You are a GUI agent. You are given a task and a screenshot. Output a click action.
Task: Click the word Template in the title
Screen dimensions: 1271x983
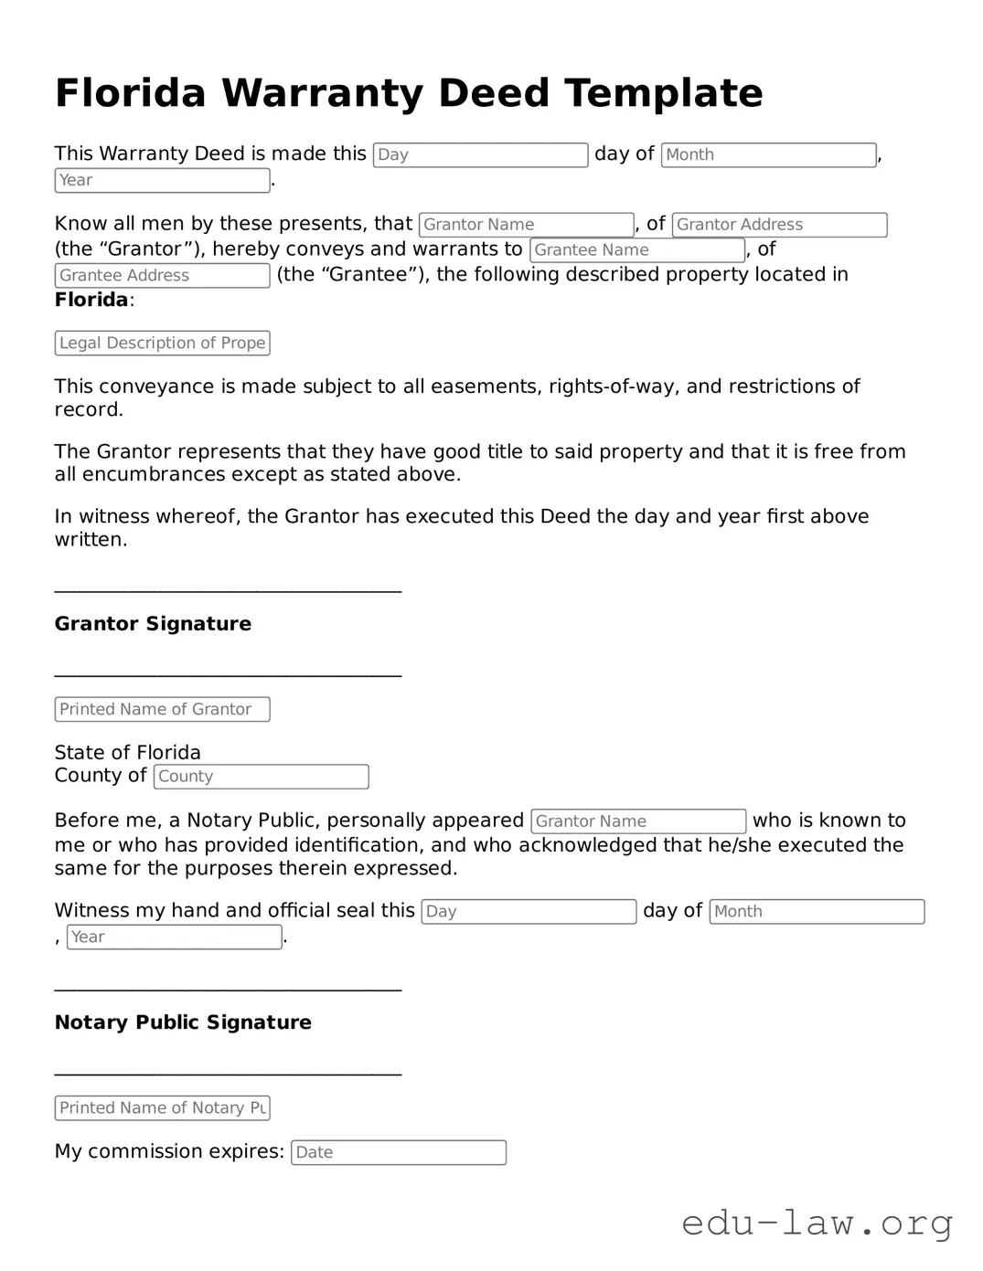click(x=663, y=93)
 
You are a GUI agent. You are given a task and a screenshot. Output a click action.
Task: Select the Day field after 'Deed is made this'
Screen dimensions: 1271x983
click(x=480, y=155)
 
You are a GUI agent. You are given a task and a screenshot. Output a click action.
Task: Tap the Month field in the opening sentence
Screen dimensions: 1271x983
click(x=768, y=155)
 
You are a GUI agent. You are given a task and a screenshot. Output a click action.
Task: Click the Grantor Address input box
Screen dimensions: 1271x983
click(x=779, y=225)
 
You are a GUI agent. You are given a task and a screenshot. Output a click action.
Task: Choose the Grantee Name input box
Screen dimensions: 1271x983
click(x=637, y=250)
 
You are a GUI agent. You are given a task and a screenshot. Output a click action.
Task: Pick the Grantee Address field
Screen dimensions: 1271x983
click(x=162, y=276)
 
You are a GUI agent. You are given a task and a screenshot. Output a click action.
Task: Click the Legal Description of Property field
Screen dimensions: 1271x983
click(x=162, y=344)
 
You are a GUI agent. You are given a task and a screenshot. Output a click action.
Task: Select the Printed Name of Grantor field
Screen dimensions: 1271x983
click(x=162, y=710)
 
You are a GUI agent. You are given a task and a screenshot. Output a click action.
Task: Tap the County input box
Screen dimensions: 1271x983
click(x=261, y=777)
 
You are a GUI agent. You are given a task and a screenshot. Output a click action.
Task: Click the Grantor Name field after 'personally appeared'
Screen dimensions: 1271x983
click(x=638, y=821)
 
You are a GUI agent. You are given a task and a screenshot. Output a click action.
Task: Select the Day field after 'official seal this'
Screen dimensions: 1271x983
click(x=529, y=912)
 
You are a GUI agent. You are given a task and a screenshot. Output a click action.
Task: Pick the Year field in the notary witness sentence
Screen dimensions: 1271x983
click(x=174, y=937)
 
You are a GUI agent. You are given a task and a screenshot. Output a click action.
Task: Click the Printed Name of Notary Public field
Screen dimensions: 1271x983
click(x=162, y=1108)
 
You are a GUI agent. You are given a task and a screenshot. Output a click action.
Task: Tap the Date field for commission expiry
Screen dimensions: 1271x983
click(x=398, y=1153)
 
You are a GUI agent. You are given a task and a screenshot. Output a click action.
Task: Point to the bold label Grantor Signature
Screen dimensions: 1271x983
click(x=153, y=624)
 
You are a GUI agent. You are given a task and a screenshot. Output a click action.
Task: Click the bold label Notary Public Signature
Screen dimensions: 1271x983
click(x=183, y=1022)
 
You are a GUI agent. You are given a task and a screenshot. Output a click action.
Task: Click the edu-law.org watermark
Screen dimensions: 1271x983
click(x=817, y=1223)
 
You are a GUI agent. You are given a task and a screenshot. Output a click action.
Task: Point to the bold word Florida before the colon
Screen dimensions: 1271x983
click(x=91, y=300)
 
